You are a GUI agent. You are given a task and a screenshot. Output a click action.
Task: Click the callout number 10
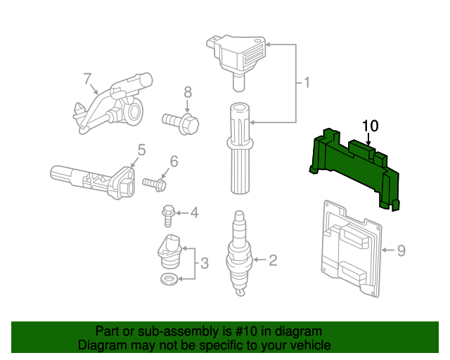pos(371,126)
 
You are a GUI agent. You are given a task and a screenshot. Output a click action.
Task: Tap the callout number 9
pos(401,250)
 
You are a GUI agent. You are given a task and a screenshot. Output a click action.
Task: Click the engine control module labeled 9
pos(352,249)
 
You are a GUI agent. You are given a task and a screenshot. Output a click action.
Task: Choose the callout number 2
pos(273,260)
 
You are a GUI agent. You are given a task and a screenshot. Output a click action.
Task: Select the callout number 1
pos(307,83)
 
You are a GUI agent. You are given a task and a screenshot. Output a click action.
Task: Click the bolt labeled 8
pos(181,123)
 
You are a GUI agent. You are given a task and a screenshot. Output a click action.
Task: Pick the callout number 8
pos(188,92)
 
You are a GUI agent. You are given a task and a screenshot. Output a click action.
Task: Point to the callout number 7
pos(87,79)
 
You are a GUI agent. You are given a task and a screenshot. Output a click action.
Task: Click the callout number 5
pos(141,150)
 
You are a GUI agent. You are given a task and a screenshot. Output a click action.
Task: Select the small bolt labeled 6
pos(155,184)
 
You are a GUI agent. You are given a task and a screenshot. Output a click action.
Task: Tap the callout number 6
pos(174,161)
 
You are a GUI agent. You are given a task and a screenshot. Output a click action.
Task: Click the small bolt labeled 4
pos(169,216)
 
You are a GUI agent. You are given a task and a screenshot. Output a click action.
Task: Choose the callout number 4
pos(194,213)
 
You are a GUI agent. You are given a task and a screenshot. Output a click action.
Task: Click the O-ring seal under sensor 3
pos(169,278)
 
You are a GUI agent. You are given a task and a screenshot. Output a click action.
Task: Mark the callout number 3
pos(204,263)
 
